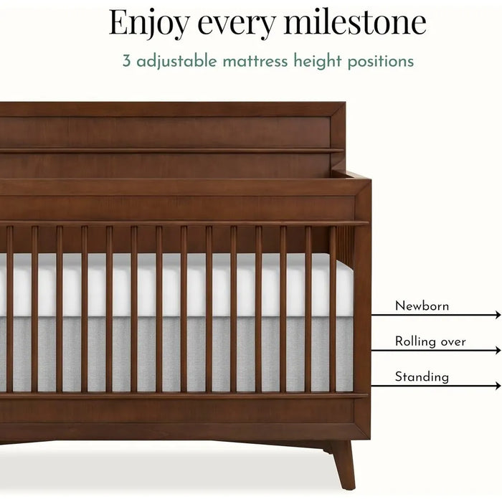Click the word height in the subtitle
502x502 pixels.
click(x=313, y=61)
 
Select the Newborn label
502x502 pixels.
click(x=422, y=306)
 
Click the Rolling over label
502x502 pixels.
click(x=430, y=341)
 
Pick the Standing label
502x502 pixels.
click(x=422, y=376)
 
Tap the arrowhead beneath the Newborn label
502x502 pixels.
click(x=498, y=315)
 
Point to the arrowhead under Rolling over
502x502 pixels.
click(x=498, y=351)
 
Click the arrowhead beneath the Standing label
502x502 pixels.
click(x=498, y=386)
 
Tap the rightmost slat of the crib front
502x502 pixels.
click(x=333, y=308)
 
